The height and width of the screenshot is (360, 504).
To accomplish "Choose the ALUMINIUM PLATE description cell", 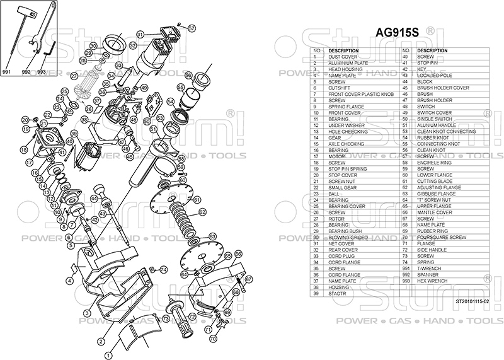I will [348, 63].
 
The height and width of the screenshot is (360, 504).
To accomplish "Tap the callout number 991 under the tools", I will [8, 73].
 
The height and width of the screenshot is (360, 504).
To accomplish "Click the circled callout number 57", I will [192, 28].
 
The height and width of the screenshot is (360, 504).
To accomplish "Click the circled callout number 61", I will [197, 200].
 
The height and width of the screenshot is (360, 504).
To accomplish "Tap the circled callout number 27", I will [74, 76].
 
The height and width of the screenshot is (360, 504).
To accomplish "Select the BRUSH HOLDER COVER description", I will [442, 88].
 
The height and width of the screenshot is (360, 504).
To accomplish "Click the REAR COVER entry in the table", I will [343, 250].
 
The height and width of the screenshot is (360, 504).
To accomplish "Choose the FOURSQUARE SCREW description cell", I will [441, 238].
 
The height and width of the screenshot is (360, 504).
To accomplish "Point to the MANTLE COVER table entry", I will [434, 213].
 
